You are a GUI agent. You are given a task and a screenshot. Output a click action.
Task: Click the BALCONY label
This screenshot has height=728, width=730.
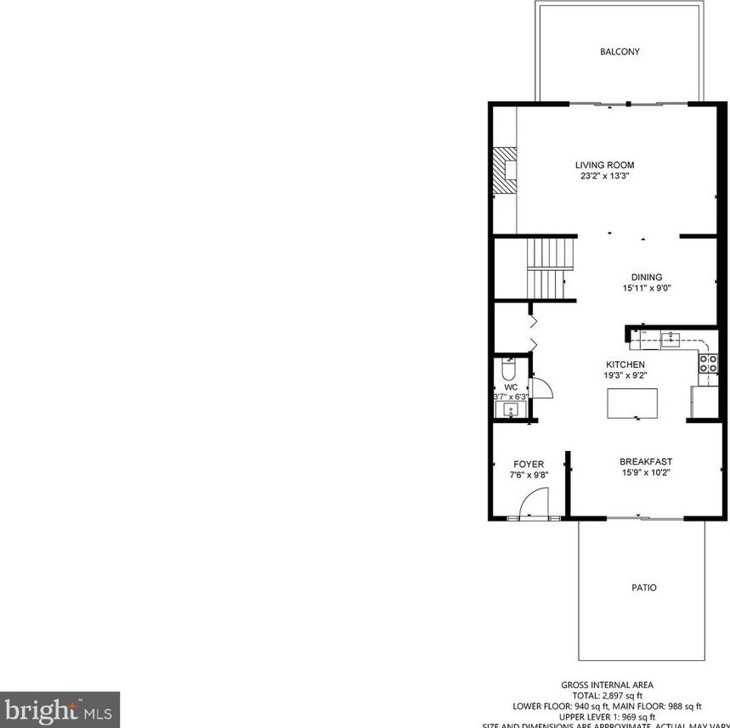tap(620, 52)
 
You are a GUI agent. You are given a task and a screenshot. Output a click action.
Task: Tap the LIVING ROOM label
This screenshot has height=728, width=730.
tap(604, 165)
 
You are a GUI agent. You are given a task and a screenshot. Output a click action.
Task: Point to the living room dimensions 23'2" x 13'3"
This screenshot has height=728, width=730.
tap(604, 177)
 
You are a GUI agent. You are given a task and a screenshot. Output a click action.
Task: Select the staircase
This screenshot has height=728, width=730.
tap(546, 268)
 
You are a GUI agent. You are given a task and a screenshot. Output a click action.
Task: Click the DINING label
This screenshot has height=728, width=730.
tap(646, 277)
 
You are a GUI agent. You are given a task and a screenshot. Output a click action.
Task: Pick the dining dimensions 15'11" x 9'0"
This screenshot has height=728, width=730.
tap(646, 289)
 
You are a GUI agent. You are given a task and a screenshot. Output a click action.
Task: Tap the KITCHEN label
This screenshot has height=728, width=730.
tap(625, 364)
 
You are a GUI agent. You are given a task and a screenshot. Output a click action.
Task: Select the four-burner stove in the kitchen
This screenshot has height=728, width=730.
tap(707, 364)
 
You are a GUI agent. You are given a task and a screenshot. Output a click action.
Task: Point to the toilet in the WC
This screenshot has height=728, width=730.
tap(508, 370)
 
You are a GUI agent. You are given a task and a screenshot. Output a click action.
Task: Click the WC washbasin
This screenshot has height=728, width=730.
tap(510, 409)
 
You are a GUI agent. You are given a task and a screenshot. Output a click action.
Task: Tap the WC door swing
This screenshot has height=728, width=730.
tap(542, 389)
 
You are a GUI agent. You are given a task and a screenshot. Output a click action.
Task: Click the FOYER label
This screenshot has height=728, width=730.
tap(528, 464)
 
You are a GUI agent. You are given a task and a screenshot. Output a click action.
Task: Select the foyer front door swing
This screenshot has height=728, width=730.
tap(529, 506)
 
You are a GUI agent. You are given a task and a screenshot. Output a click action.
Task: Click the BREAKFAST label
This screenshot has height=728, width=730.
tap(646, 461)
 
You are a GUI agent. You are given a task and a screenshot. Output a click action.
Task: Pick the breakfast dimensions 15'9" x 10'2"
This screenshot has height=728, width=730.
tap(646, 473)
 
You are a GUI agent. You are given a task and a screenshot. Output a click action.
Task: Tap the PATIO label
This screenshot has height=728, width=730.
tap(644, 587)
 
